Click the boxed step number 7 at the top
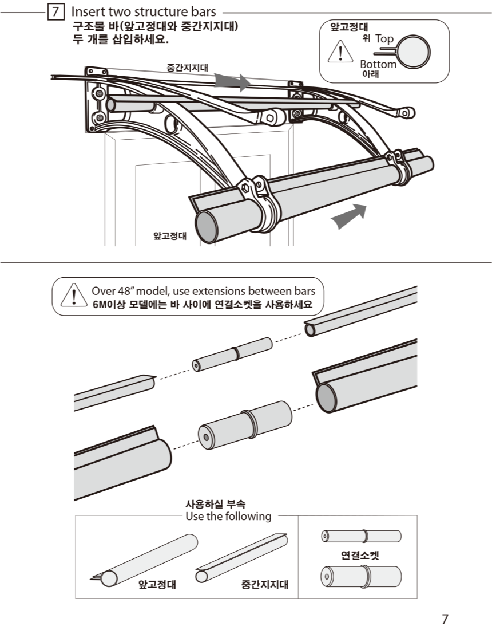(x=55, y=11)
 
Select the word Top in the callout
(x=384, y=39)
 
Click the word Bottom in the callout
(x=378, y=64)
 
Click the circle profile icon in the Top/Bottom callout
(x=414, y=52)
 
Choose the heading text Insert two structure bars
(x=143, y=11)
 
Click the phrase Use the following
(x=228, y=517)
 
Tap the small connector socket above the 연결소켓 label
(x=360, y=536)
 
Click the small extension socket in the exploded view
(x=232, y=355)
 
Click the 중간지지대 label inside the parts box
(x=265, y=585)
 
